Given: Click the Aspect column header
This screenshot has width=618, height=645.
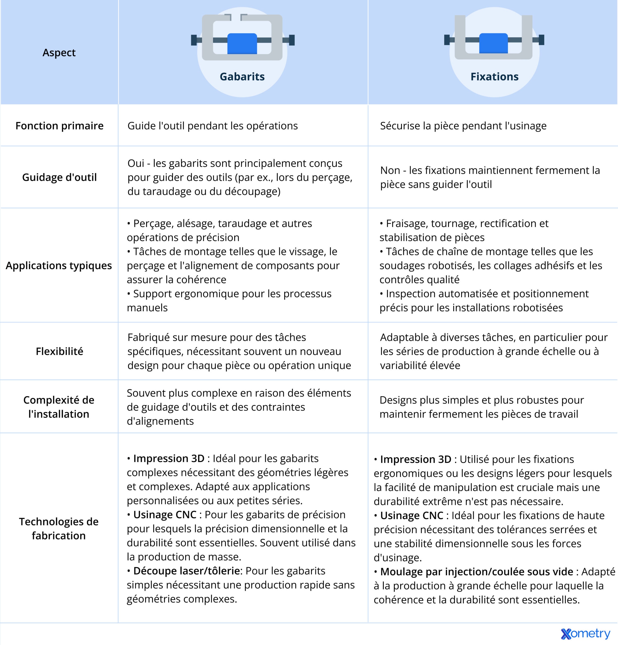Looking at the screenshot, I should [59, 53].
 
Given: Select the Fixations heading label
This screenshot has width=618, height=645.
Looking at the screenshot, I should [494, 77].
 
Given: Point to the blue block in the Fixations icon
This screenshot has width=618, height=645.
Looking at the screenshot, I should [493, 43].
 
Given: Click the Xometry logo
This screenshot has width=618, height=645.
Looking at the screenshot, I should [585, 633].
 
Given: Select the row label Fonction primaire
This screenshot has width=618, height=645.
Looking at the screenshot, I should [59, 126].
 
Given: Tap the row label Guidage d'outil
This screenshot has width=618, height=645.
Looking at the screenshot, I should [59, 177].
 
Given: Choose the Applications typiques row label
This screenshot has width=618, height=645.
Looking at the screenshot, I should [59, 266].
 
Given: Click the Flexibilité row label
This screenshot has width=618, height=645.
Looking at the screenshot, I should [59, 351].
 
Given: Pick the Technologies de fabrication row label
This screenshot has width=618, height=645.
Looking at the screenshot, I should [59, 529].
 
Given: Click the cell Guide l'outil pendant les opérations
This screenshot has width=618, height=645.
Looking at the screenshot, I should [212, 126].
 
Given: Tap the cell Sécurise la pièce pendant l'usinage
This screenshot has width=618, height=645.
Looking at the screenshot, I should [463, 126].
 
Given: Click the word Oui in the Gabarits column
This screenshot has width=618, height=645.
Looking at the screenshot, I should [136, 163].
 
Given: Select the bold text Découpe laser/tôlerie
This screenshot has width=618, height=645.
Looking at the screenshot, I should [186, 571].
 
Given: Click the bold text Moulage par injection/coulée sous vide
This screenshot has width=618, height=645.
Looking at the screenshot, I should [477, 572].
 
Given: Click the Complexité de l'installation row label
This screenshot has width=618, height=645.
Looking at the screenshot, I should [59, 407].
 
